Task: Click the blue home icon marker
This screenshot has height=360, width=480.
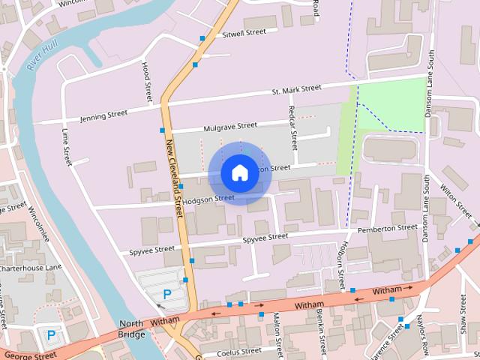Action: [239, 173]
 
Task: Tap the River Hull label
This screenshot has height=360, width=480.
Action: [41, 57]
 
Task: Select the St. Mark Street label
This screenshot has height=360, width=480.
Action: [296, 90]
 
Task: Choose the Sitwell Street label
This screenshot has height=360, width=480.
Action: [244, 33]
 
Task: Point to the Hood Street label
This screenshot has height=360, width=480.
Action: [147, 82]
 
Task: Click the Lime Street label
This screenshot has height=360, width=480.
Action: [66, 146]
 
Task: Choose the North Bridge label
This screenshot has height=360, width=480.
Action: [130, 329]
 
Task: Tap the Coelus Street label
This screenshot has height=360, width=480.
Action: [238, 350]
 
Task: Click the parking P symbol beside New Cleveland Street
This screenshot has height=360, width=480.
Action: [166, 294]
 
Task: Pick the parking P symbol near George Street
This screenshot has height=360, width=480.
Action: [51, 334]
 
